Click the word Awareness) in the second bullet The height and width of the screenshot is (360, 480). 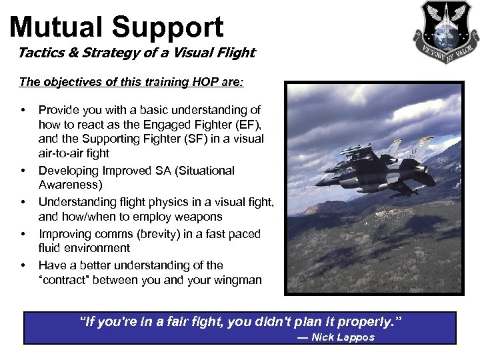69,185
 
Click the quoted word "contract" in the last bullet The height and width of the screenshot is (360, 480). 64,280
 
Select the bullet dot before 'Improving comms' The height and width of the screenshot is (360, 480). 23,234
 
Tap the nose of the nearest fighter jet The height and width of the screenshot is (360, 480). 319,181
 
